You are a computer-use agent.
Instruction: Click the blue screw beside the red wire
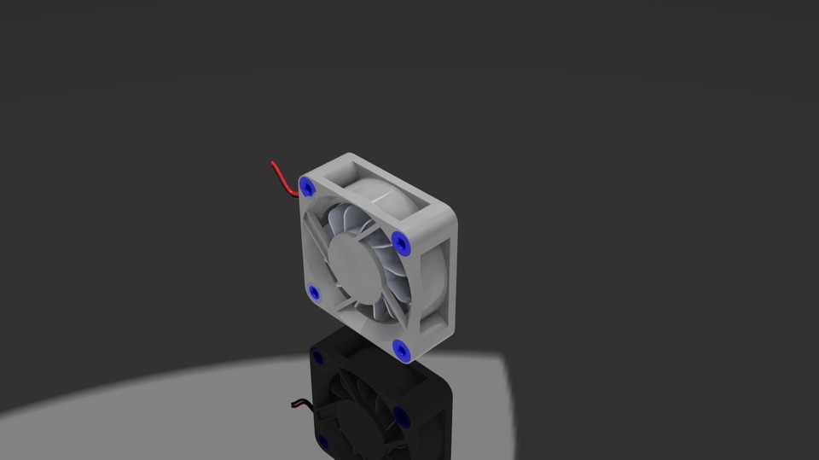[306, 186]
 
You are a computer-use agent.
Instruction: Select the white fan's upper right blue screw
[401, 244]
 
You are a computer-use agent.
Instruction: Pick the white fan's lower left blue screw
[314, 294]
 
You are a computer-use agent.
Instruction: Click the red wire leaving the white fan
[282, 177]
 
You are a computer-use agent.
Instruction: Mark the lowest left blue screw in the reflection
[322, 441]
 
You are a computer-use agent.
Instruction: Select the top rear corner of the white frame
[350, 155]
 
